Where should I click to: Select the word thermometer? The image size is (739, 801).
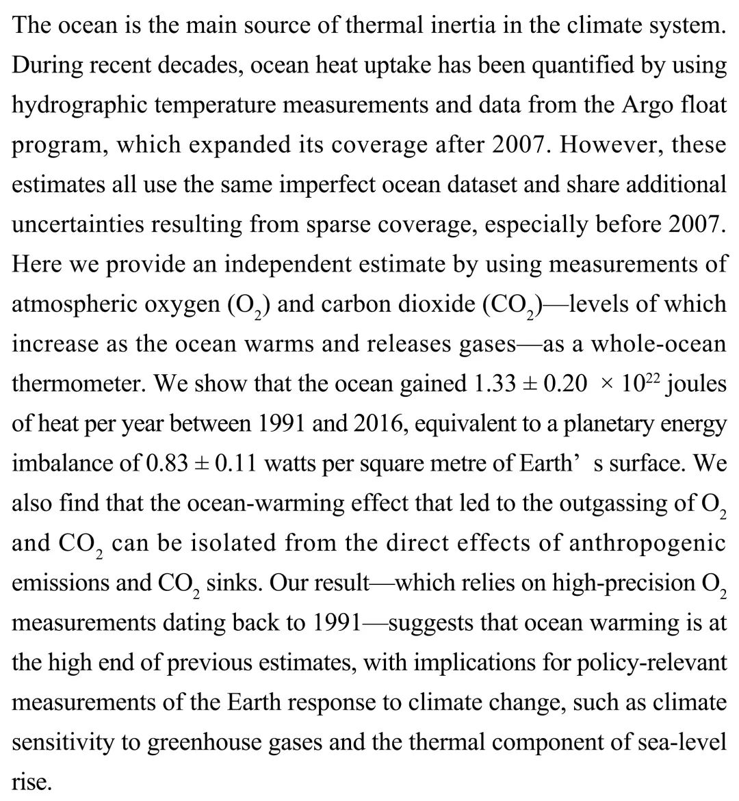77,383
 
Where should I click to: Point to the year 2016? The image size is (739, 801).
380,423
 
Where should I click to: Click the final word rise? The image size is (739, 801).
30,781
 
